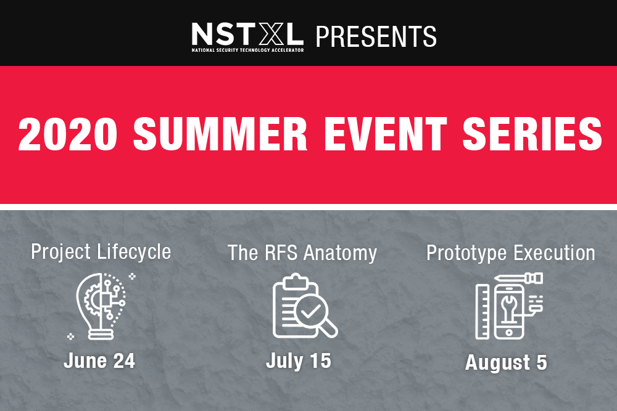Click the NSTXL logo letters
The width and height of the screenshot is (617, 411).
click(x=247, y=34)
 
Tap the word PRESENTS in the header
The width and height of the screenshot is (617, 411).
click(x=376, y=36)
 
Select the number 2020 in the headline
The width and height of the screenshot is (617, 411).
click(x=68, y=134)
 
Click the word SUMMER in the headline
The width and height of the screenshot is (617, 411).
click(x=220, y=134)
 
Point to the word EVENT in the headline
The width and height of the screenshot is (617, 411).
click(x=385, y=134)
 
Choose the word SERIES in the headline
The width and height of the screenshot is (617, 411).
click(x=532, y=134)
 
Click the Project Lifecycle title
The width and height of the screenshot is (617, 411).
click(x=101, y=252)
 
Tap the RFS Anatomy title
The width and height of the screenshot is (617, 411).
click(x=302, y=253)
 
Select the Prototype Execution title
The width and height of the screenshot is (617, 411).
click(x=511, y=253)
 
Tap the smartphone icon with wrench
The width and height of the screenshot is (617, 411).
click(x=509, y=311)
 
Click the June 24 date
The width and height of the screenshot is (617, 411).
click(x=99, y=360)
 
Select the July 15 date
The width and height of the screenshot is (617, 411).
click(x=298, y=361)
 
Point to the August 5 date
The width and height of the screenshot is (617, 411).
click(x=506, y=363)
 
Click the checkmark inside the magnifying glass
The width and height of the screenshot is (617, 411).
click(x=310, y=312)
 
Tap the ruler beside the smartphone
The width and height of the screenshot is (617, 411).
click(x=482, y=311)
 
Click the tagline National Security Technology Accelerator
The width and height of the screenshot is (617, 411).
click(x=247, y=51)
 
